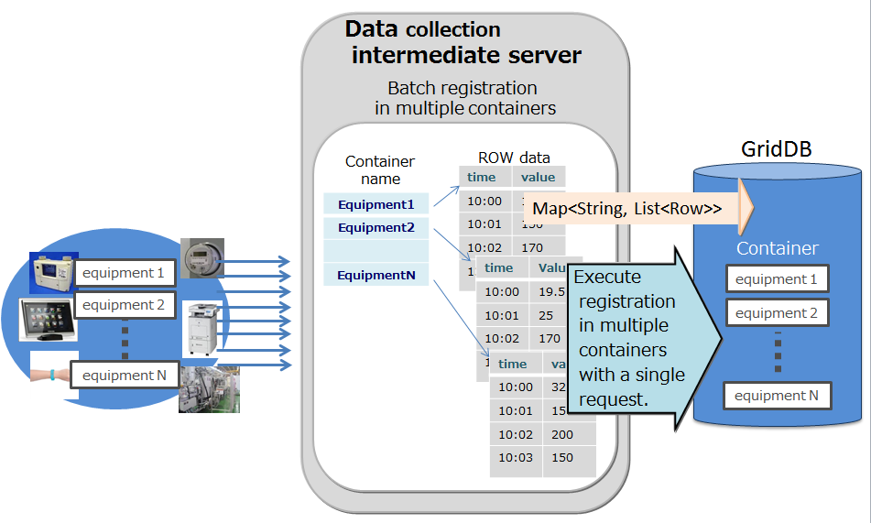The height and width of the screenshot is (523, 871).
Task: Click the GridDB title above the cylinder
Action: [776, 149]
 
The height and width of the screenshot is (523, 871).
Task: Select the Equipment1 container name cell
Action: [376, 204]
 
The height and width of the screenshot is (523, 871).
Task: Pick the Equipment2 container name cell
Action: [376, 227]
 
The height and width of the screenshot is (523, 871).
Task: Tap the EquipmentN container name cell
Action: [376, 274]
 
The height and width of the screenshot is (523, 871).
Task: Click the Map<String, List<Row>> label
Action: [627, 209]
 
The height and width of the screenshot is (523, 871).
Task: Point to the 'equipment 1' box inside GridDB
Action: [777, 278]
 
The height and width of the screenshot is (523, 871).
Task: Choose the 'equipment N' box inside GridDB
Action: [777, 396]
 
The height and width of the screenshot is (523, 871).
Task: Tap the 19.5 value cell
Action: [551, 291]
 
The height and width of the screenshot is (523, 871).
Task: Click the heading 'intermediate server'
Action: [466, 55]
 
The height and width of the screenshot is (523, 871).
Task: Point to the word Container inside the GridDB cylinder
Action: [777, 248]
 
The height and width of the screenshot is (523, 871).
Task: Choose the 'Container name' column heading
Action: [380, 170]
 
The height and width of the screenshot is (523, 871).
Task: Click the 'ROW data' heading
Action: [514, 158]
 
